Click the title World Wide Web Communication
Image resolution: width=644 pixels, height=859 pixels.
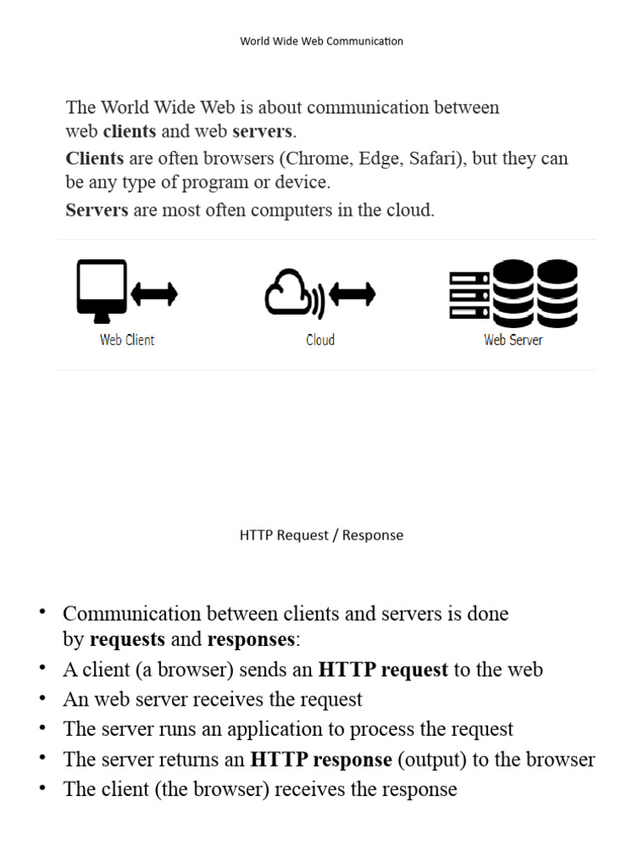pos(321,41)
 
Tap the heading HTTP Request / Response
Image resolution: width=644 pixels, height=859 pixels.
pos(321,535)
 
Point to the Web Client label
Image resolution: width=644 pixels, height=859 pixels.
pos(127,340)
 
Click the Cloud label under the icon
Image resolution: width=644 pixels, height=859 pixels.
pos(320,340)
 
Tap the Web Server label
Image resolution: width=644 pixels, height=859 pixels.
pos(513,340)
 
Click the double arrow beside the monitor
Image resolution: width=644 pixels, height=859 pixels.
pos(154,294)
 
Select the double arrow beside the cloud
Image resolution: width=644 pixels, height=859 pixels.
pos(352,294)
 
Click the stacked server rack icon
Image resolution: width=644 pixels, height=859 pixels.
pos(470,295)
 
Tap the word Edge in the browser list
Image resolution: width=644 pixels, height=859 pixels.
pos(379,159)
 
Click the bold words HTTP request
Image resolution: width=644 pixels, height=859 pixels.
pos(383,669)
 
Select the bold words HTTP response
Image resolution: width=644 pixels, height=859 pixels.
pos(321,760)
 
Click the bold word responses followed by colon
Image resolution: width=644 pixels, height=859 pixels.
pos(251,640)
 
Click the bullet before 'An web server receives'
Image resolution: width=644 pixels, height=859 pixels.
pos(41,698)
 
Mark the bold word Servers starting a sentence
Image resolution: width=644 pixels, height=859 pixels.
pos(96,211)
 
